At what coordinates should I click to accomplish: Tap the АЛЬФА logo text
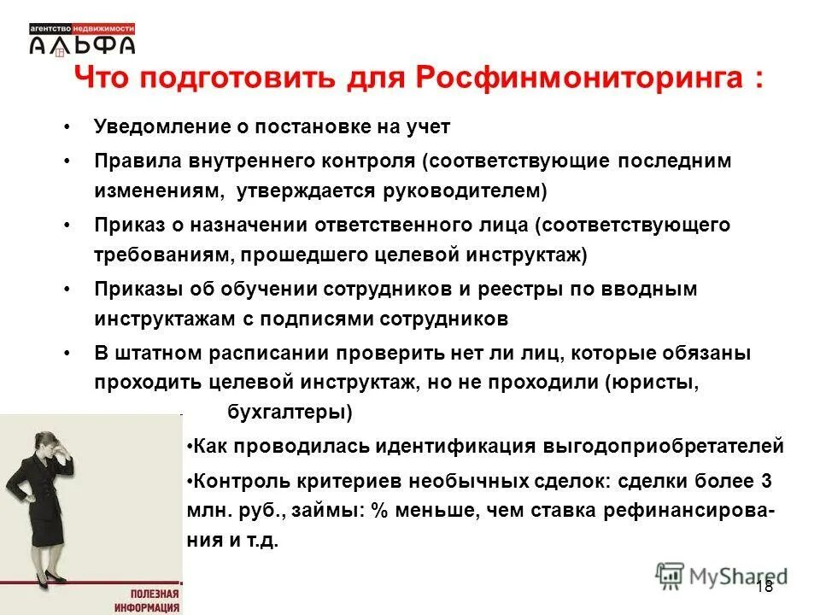click(82, 44)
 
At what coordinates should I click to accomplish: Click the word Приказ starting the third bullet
click(127, 225)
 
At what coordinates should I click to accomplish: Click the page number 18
click(764, 585)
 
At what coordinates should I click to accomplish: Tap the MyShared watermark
click(722, 575)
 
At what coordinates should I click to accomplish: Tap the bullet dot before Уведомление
click(67, 127)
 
